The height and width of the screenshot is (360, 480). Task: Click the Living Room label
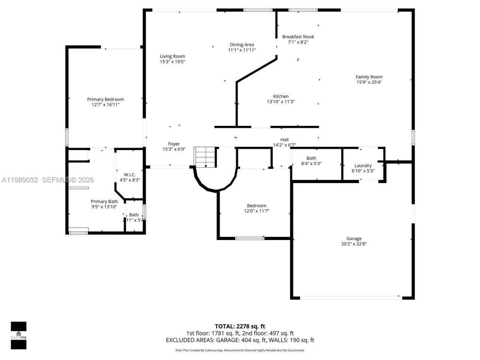point(172,56)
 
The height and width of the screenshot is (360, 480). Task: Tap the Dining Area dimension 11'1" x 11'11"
point(242,50)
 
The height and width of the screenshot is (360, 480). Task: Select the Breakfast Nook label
point(298,36)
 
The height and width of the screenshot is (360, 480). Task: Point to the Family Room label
point(369,77)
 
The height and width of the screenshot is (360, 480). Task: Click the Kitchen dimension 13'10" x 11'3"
point(280,102)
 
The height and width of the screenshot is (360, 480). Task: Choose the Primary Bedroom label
point(105,99)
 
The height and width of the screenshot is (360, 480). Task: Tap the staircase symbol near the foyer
point(205,157)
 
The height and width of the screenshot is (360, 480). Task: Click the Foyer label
point(174,144)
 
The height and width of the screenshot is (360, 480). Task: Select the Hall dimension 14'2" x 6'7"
point(284,145)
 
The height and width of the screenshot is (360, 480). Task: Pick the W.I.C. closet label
point(130,175)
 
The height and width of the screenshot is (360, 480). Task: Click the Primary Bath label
point(104,201)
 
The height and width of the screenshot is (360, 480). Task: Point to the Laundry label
point(363,165)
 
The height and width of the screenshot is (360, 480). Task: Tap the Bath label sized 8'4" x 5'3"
point(311,158)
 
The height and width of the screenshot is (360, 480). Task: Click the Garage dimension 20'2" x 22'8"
point(354,244)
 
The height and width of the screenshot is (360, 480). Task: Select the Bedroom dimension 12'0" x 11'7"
point(256,211)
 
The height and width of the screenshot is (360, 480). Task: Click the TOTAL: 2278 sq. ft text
point(240,326)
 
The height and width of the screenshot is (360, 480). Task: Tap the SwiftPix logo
point(18,335)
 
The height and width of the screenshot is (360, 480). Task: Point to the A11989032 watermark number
point(19,180)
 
